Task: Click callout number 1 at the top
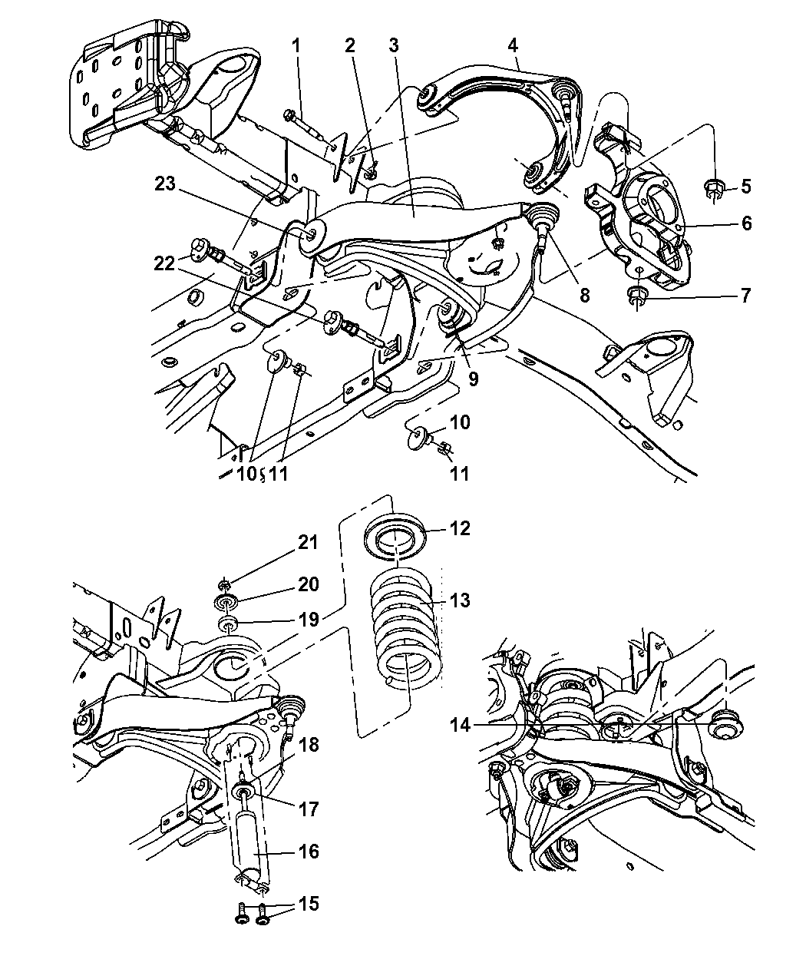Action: (296, 46)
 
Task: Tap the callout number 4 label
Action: (513, 46)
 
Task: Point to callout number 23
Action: (165, 184)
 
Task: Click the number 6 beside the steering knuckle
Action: (746, 223)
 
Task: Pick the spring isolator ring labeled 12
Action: (395, 536)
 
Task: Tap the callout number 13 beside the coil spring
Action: (460, 600)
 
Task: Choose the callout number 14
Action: (460, 726)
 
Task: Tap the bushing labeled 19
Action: (227, 627)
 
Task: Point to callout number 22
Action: (164, 263)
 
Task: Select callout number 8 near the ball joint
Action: (585, 296)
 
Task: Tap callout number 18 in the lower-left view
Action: (309, 745)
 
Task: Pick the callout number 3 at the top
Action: (394, 46)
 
